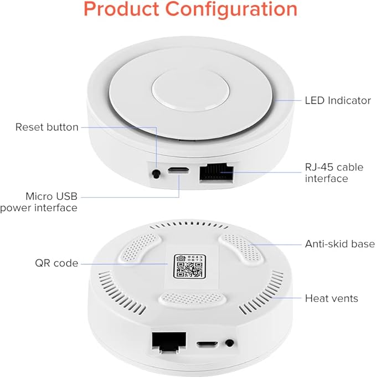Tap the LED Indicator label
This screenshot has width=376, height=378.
click(338, 101)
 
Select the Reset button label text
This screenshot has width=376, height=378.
click(47, 127)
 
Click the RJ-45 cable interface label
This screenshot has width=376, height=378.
click(334, 173)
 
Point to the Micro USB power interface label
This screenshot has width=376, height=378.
click(39, 202)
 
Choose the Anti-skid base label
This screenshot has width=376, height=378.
click(340, 244)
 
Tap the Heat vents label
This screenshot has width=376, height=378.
click(332, 298)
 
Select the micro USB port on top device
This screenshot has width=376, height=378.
click(178, 171)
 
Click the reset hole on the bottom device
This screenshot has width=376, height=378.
click(228, 343)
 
